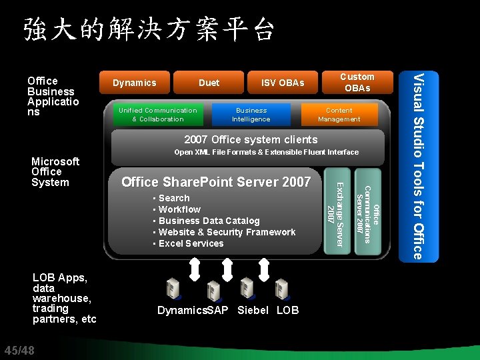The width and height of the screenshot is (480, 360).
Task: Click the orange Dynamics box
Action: [x=134, y=83]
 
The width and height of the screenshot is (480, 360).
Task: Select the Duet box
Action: [x=209, y=83]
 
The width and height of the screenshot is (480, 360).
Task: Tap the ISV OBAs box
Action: [x=283, y=83]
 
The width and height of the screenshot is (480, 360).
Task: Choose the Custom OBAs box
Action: [x=357, y=82]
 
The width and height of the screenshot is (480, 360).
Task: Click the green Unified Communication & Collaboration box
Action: [x=157, y=115]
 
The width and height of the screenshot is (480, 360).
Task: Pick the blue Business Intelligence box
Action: [x=251, y=115]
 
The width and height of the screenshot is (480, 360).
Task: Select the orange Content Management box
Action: [x=339, y=115]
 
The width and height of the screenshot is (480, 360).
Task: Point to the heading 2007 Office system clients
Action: [x=251, y=139]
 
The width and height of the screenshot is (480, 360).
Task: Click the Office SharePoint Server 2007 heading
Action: [x=216, y=182]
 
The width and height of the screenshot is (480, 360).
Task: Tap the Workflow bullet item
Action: [x=179, y=209]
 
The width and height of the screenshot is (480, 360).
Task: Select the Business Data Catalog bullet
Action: [x=208, y=221]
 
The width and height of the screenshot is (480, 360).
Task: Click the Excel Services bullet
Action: [x=190, y=243]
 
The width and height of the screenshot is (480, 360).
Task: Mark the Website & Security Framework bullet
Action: [x=226, y=232]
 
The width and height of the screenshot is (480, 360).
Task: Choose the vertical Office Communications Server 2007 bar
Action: [x=367, y=213]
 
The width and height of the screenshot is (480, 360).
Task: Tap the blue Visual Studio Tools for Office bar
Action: [x=417, y=166]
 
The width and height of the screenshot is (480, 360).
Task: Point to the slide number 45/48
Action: [x=19, y=351]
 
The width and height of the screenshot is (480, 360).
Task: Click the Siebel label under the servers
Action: [x=253, y=310]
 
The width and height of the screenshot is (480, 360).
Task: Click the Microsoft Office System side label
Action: [x=55, y=171]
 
